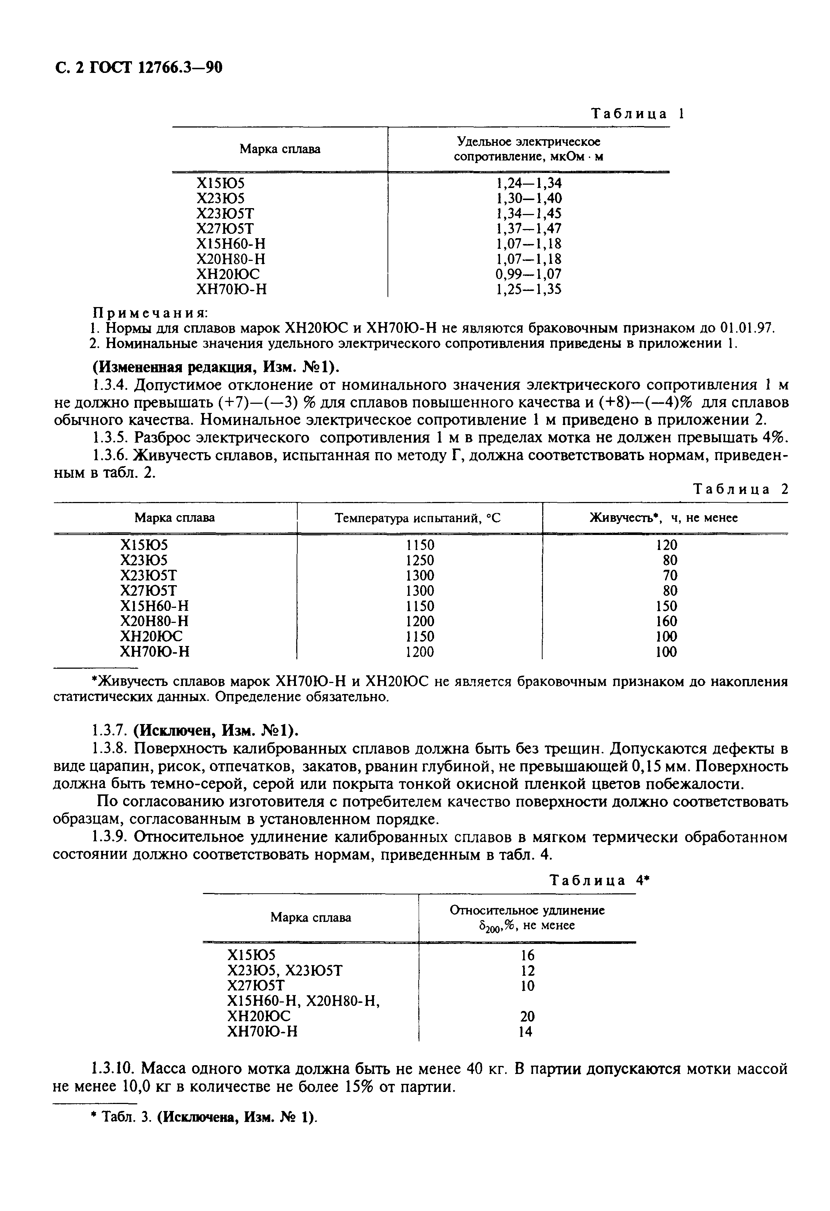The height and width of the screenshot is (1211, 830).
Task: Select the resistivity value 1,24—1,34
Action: click(x=528, y=183)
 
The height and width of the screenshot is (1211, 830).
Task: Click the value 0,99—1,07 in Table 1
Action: click(x=528, y=274)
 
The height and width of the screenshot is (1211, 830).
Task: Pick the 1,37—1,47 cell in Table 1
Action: click(x=528, y=228)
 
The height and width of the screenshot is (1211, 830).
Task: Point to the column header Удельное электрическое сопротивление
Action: click(x=528, y=149)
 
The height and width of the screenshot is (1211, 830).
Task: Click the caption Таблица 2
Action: click(x=740, y=489)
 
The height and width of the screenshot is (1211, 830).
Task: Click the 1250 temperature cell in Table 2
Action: click(x=420, y=560)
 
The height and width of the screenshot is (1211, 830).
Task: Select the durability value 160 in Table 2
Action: click(x=666, y=621)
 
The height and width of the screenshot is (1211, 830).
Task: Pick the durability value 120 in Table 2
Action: click(x=666, y=545)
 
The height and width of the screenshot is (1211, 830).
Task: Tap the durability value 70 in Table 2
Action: click(x=670, y=575)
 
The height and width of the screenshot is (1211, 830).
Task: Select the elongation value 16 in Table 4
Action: click(x=527, y=955)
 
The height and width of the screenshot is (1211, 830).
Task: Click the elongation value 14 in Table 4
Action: click(x=525, y=1031)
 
